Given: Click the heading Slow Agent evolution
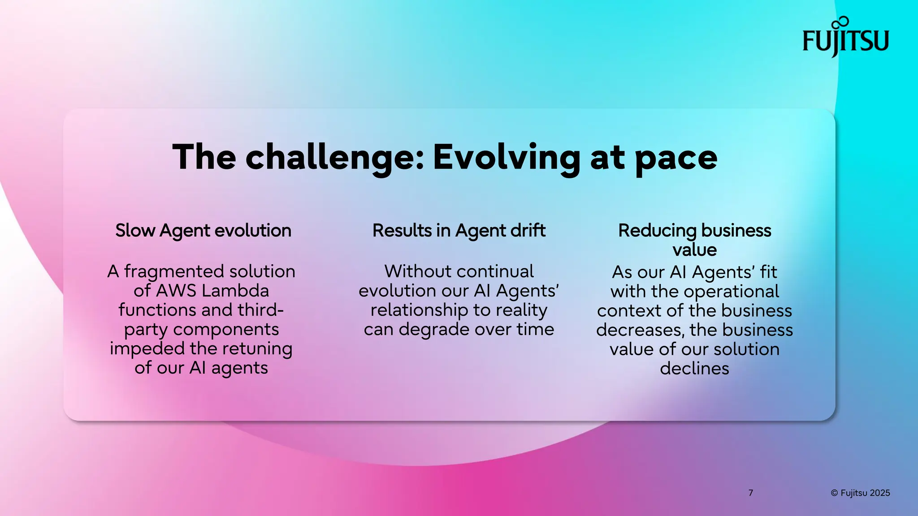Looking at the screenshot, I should (203, 231).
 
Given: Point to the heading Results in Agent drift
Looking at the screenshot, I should (459, 231).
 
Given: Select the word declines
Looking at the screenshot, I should (694, 369).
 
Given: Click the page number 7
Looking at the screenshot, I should (751, 493).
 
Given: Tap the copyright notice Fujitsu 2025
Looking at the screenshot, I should (860, 493).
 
